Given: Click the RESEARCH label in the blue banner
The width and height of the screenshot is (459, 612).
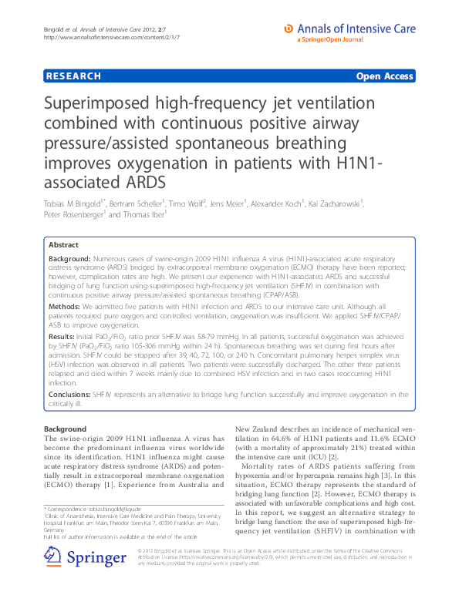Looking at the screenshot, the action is tap(74, 76).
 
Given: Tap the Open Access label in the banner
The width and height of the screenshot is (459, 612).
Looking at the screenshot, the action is tap(383, 76).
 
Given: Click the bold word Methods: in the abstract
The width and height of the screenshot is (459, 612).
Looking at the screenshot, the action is tap(66, 304).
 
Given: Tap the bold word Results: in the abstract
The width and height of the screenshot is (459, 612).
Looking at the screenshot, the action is tap(63, 336).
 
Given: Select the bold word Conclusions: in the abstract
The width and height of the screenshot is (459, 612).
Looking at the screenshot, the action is tap(70, 394).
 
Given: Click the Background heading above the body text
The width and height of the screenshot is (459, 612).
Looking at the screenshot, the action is tap(65, 429).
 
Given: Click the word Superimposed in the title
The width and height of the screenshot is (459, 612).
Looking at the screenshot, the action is tap(106, 106).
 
